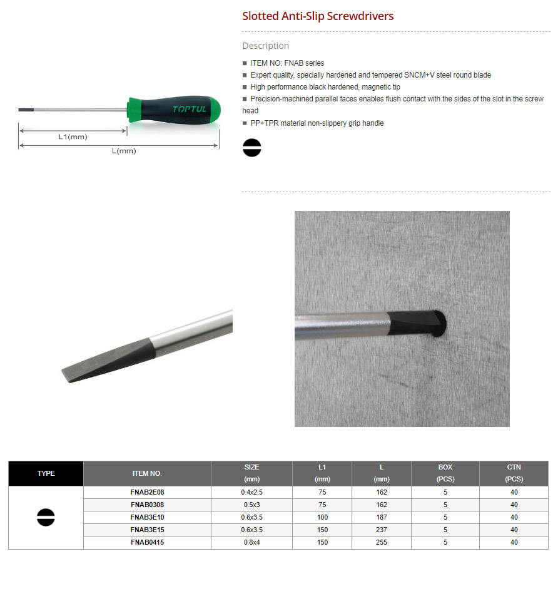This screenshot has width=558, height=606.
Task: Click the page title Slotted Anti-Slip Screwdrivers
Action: (318, 16)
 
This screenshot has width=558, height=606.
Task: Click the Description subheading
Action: (265, 46)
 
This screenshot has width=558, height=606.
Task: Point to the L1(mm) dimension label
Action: (73, 136)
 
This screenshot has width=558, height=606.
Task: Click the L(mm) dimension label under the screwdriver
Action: (123, 151)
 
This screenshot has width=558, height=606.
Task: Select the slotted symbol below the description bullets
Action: (251, 148)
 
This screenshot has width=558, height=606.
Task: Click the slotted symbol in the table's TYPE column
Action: (46, 517)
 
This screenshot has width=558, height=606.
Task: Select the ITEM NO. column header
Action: (147, 473)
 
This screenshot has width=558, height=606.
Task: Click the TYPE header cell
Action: (46, 473)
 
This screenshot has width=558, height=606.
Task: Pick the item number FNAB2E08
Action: (147, 492)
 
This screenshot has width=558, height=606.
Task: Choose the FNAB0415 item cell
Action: (147, 542)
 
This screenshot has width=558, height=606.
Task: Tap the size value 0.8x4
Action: (251, 542)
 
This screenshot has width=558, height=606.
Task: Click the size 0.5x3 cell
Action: (251, 505)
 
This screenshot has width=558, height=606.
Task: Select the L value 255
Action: (382, 542)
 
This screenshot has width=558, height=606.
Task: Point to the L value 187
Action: (382, 517)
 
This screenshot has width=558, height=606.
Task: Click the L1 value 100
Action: (322, 517)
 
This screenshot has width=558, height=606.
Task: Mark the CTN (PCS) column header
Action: (514, 473)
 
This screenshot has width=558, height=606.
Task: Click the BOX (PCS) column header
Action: (445, 473)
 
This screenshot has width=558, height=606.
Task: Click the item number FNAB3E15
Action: (147, 530)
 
